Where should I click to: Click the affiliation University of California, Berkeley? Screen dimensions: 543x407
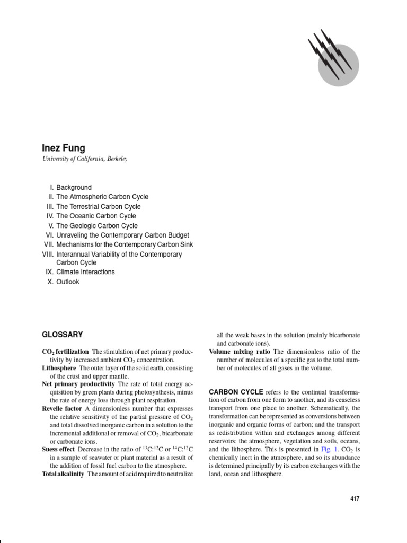(x=84, y=159)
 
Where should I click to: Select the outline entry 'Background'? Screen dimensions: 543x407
(x=74, y=187)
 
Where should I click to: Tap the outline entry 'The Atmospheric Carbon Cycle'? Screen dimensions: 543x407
(x=102, y=197)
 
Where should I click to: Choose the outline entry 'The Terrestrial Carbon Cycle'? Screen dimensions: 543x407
(x=99, y=206)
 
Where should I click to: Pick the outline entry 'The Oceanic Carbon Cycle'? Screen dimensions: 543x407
(x=96, y=216)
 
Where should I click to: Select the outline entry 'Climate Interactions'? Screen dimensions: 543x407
(x=85, y=272)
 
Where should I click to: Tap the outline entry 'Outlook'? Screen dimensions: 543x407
(x=68, y=282)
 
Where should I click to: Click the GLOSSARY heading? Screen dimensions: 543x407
(x=63, y=335)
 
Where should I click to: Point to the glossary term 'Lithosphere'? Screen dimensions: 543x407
(x=59, y=367)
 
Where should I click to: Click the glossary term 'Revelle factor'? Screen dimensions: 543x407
(x=63, y=409)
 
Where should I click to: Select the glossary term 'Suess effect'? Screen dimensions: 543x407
(x=58, y=450)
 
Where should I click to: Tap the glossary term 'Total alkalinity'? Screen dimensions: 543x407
(x=63, y=474)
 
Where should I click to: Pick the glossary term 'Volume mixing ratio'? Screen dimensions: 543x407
(x=240, y=352)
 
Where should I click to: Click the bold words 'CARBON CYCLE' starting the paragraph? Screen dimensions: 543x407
(x=236, y=392)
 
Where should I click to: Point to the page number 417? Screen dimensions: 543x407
(x=355, y=499)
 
